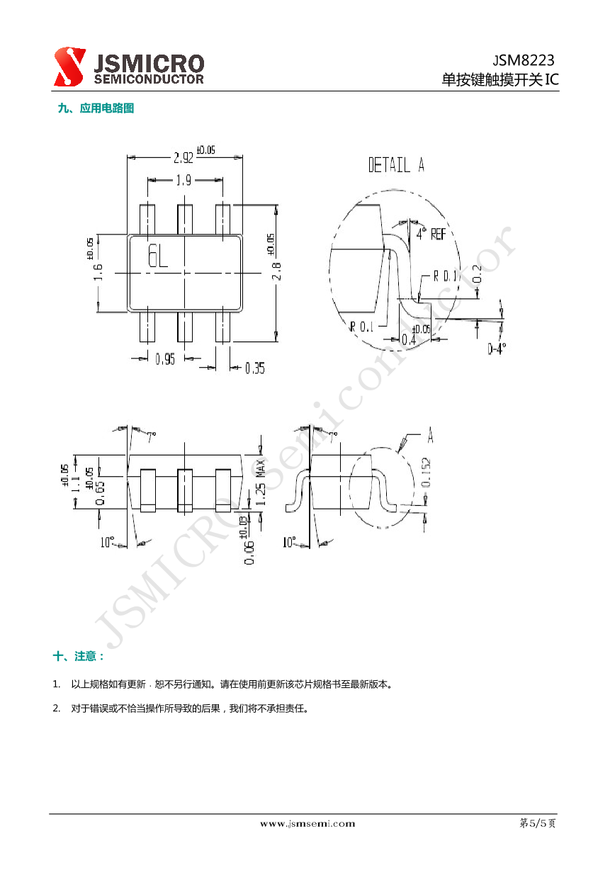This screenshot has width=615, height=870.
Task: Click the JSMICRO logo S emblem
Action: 70,67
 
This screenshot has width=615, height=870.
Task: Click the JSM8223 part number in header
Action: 524,60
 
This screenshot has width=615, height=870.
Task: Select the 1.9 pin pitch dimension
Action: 184,181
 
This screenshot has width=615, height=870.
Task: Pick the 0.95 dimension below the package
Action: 165,359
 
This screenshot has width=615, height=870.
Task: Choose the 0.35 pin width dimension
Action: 254,368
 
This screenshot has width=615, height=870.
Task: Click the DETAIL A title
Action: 395,166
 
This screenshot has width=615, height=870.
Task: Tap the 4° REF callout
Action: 430,233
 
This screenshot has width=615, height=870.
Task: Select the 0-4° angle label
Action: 497,349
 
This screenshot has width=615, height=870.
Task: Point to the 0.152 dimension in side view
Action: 425,473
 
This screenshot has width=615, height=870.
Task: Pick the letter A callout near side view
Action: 430,434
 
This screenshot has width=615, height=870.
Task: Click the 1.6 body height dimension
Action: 98,272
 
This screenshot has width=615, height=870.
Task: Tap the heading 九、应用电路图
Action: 96,108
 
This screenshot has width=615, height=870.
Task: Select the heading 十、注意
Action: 79,656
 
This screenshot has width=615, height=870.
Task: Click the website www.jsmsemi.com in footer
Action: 307,823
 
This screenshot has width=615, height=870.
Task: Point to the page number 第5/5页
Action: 538,823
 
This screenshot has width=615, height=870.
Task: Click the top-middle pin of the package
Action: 185,219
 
